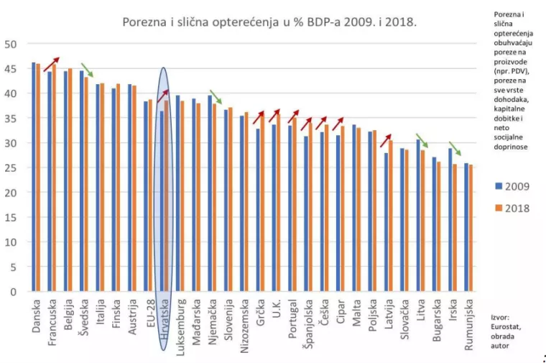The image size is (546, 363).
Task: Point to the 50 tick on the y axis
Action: tap(11, 44)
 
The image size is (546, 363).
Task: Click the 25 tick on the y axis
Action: tap(11, 167)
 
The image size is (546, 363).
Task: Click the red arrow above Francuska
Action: tap(51, 64)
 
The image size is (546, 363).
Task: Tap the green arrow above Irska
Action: tap(455, 149)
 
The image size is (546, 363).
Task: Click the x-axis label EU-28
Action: tap(147, 315)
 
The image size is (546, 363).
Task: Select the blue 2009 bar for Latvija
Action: tap(386, 222)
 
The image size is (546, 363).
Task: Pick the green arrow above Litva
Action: tap(422, 140)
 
